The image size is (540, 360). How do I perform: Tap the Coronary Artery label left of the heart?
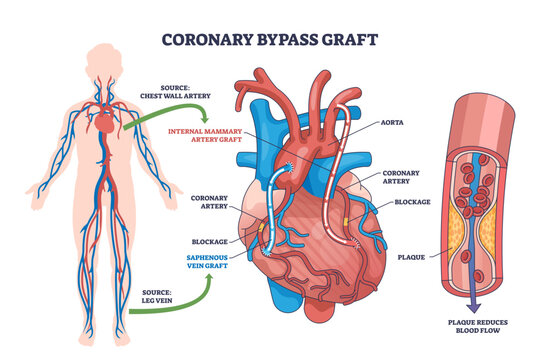point(207,202)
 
